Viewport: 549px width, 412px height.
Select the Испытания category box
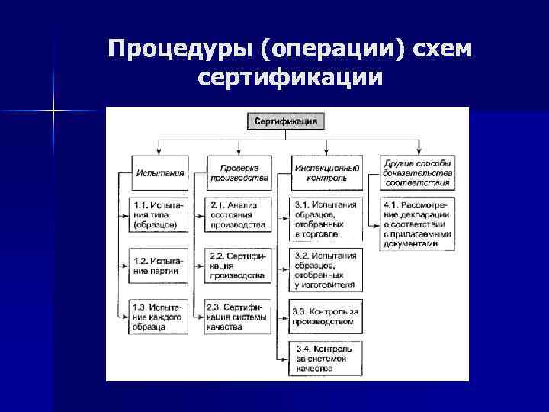coord(160,172)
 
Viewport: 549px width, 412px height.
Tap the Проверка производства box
coord(239,172)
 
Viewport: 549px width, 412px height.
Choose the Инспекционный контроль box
coord(324,172)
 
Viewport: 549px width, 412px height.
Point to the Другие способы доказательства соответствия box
coord(417,172)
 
